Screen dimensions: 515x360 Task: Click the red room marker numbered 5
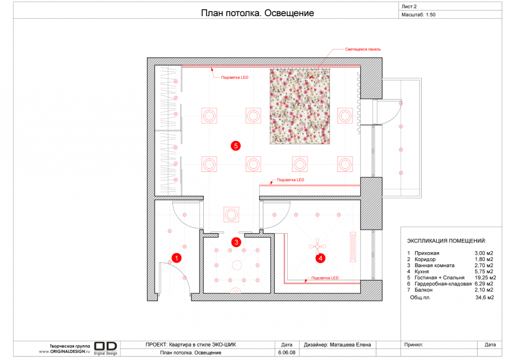[236, 146]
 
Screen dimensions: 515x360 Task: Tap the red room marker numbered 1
[176, 258]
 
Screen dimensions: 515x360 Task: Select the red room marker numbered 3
[236, 242]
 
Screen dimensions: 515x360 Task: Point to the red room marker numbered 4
[320, 258]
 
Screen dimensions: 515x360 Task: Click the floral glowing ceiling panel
[300, 106]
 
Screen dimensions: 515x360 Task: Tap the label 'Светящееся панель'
[363, 49]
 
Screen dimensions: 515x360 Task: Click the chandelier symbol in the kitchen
[317, 247]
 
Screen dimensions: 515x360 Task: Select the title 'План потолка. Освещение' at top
[257, 13]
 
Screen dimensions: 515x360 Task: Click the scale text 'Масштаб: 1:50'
[419, 15]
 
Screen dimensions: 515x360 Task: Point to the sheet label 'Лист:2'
[409, 7]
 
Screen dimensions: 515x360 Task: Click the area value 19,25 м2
[485, 278]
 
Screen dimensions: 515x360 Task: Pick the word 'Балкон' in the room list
[423, 290]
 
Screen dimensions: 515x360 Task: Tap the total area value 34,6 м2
[484, 297]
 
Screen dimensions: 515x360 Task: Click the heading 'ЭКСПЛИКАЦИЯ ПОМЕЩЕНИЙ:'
[447, 241]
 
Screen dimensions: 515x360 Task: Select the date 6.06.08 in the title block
[287, 353]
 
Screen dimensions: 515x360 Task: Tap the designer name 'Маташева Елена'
[350, 345]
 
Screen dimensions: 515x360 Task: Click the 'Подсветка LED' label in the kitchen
[325, 278]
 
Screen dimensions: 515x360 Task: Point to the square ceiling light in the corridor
[231, 215]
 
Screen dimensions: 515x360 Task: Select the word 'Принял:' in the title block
[413, 345]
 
